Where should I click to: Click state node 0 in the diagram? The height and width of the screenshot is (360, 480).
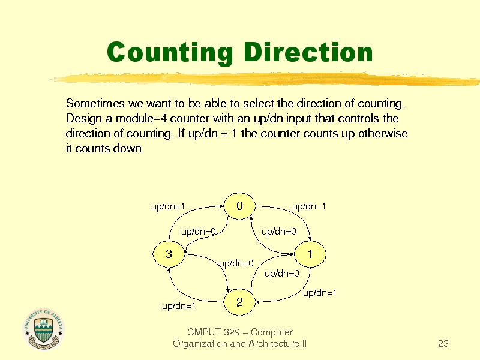[x=239, y=206]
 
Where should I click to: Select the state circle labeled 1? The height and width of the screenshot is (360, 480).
[x=310, y=254]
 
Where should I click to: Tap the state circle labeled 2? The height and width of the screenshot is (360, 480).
[x=239, y=302]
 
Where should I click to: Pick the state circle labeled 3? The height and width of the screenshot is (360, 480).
[x=169, y=254]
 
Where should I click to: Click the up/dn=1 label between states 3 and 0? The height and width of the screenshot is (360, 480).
[x=168, y=206]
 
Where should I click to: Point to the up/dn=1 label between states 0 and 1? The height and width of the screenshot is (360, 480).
[x=309, y=206]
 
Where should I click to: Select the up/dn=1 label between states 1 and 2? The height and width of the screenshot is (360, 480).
[x=320, y=293]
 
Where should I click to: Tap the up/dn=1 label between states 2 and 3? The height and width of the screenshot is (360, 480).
[x=179, y=306]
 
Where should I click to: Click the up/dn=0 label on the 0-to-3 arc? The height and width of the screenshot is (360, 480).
[x=199, y=232]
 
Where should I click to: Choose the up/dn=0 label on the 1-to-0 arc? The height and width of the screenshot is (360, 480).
[x=279, y=232]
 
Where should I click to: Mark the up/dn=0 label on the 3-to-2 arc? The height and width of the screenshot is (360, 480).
[x=236, y=263]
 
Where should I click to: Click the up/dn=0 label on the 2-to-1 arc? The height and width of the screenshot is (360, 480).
[x=282, y=274]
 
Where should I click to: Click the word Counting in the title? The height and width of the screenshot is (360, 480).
[x=170, y=53]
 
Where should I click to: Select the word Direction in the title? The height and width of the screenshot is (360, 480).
[x=308, y=52]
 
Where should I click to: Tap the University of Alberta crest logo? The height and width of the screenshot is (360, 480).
[x=43, y=329]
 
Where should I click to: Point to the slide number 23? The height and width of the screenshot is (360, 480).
[x=443, y=344]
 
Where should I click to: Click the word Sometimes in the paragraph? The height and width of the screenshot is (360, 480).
[x=95, y=103]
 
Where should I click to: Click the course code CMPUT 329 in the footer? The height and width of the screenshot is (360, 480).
[x=213, y=332]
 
